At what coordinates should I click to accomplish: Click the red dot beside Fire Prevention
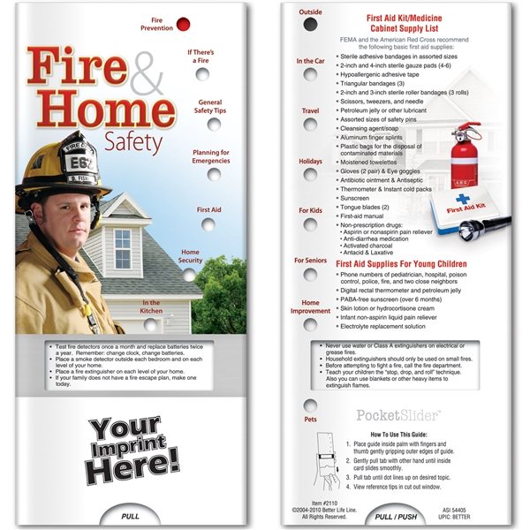point(183,24)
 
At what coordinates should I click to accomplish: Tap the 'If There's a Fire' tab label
point(201,57)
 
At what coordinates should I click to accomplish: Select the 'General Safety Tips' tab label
point(209,107)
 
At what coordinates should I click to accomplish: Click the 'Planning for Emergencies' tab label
point(211,157)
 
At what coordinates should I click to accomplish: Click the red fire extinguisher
point(460,159)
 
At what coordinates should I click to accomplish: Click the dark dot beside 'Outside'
point(310,25)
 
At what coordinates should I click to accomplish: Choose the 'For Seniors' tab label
point(310,261)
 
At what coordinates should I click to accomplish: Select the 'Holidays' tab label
point(310,162)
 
